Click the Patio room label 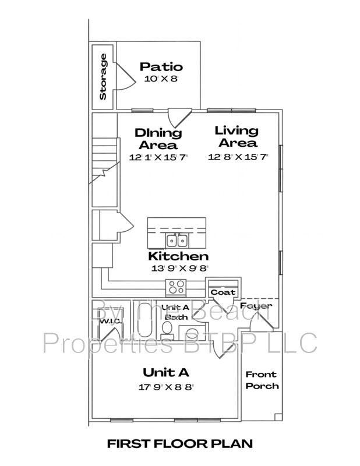161,66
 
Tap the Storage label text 103,76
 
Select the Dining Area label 158,139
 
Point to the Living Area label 237,137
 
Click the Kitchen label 178,256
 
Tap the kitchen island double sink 177,240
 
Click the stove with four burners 176,287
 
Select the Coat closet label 223,292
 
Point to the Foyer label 256,306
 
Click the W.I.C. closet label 110,322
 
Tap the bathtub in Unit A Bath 145,320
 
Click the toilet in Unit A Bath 167,331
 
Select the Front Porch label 262,380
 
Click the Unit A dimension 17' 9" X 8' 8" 166,387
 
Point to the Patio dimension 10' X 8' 161,79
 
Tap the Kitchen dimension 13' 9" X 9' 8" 179,269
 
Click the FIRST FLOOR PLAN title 180,444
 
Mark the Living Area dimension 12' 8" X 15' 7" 238,157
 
